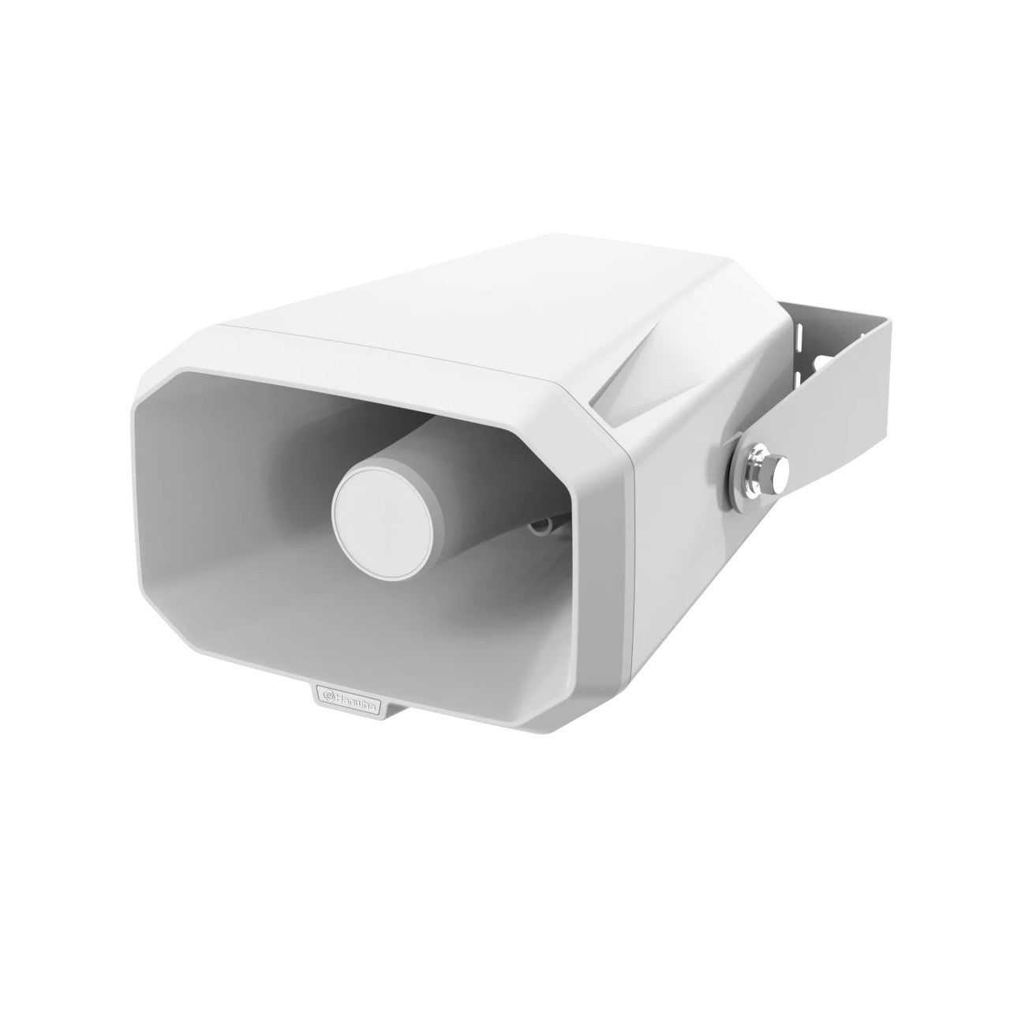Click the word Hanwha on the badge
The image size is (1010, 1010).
pyautogui.click(x=361, y=695)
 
